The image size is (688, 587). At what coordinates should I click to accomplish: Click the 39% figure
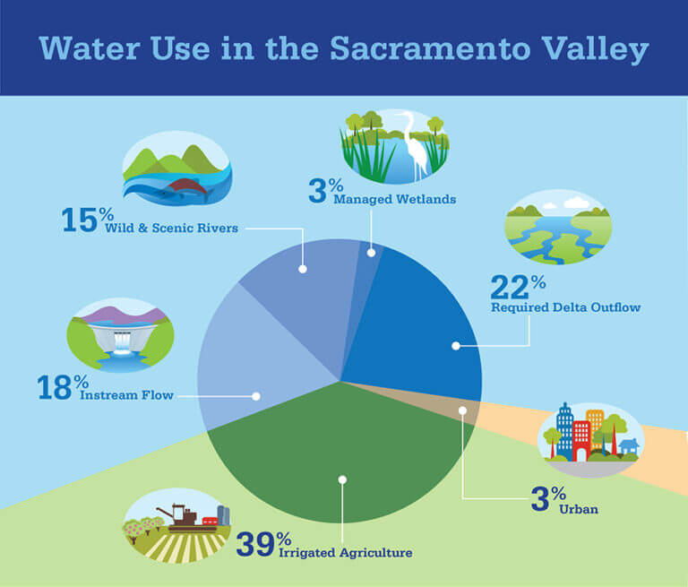pos(263,542)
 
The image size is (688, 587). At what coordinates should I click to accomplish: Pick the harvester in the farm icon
pos(178,514)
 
